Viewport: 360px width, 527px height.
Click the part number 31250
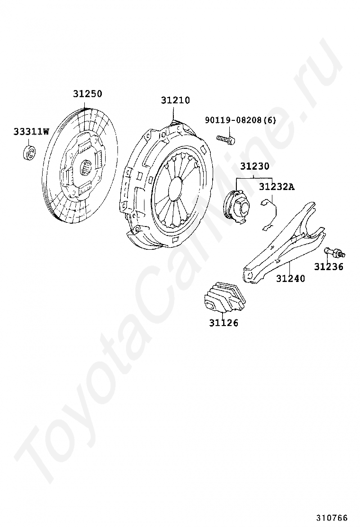tap(87, 94)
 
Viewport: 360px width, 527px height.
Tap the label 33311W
tap(30, 131)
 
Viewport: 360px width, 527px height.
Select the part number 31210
tap(175, 100)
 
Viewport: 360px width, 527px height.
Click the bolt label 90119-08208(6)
tap(240, 120)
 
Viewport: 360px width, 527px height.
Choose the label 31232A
tap(276, 187)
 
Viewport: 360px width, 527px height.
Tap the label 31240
tap(290, 278)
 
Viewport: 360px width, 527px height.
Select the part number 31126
tap(224, 323)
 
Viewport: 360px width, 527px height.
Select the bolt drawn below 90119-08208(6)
tap(226, 139)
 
